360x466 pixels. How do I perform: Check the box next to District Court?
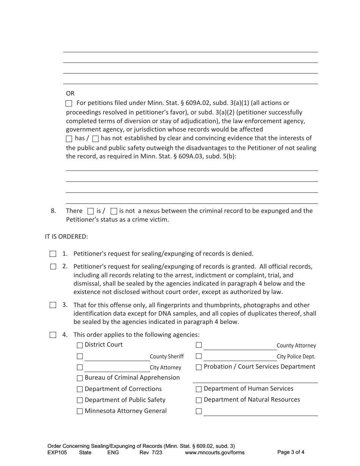click(x=80, y=345)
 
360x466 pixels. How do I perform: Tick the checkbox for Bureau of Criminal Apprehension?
click(x=80, y=378)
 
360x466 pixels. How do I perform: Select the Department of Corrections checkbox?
click(x=80, y=389)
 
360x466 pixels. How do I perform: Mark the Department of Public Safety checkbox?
click(x=80, y=400)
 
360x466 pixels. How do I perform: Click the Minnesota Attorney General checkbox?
click(x=80, y=411)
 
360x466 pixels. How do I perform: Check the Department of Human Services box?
click(x=199, y=389)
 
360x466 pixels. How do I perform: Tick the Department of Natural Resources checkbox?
click(x=199, y=400)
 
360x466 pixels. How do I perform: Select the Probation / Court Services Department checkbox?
click(x=199, y=367)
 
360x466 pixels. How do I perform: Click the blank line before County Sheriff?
click(x=117, y=357)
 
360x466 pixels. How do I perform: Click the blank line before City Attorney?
click(x=117, y=368)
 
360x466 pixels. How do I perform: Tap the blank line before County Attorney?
click(x=239, y=346)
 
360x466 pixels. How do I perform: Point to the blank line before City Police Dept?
click(x=239, y=357)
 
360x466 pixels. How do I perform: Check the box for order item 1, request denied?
click(x=53, y=254)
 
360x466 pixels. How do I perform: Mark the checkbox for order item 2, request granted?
click(x=53, y=267)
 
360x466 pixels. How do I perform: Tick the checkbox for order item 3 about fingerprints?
click(x=53, y=305)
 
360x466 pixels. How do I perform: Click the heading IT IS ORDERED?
click(x=66, y=237)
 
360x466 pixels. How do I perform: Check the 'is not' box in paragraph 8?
click(x=114, y=211)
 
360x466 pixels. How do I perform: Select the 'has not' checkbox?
click(x=95, y=139)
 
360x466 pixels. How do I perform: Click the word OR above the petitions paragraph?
click(x=70, y=93)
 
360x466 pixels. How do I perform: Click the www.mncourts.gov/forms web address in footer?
click(x=214, y=452)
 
